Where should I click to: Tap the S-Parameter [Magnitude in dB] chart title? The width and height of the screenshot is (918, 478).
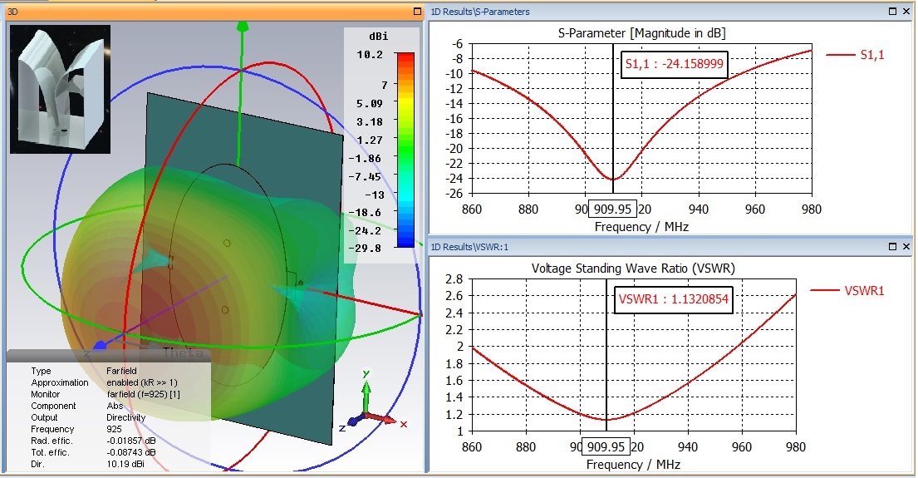pos(642,32)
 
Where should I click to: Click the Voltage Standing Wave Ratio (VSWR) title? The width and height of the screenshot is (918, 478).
pos(632,268)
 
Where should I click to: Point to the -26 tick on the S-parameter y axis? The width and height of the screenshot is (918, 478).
pos(455,194)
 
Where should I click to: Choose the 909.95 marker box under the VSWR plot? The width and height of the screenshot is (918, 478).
pos(606,447)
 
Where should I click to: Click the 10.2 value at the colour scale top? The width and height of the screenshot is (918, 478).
pos(371,55)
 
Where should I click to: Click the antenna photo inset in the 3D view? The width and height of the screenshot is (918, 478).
pos(60,89)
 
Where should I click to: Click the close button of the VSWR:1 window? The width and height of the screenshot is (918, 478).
pos(906,248)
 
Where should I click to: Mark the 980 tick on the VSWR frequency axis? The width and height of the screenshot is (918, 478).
pos(797,446)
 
